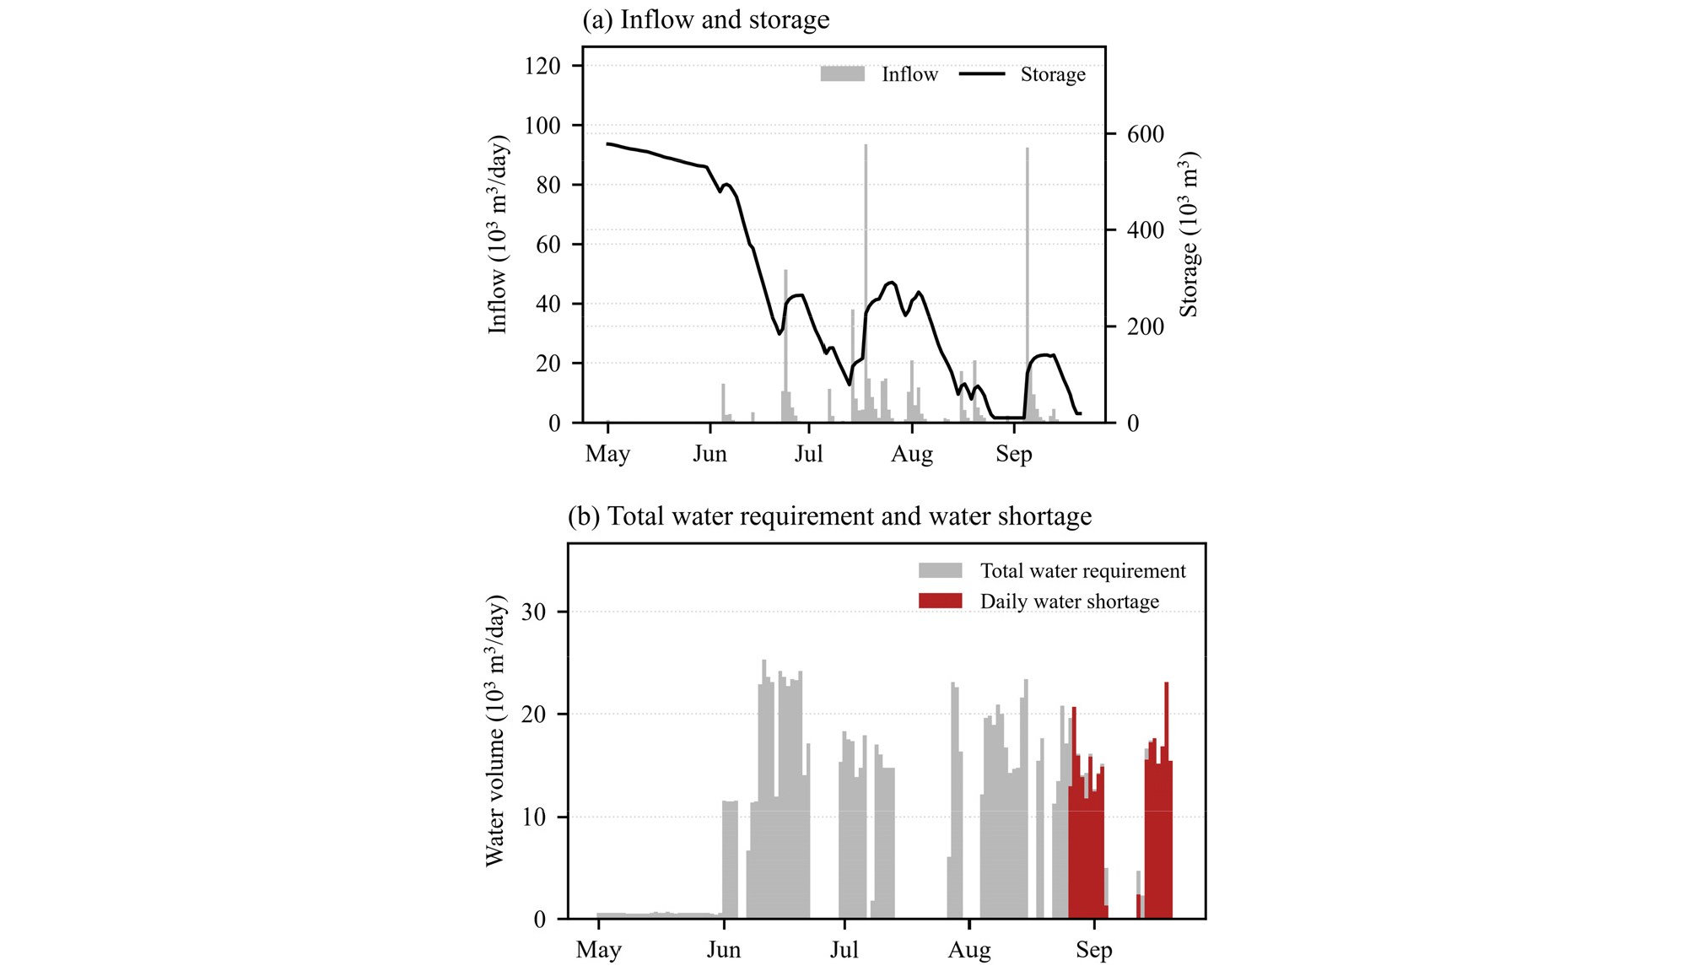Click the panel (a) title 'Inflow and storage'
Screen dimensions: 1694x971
tap(725, 19)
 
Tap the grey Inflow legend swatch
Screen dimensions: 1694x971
tap(842, 74)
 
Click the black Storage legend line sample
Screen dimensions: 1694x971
tap(982, 74)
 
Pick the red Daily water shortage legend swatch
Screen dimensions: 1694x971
tap(940, 601)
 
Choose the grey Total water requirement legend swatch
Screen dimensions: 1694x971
tap(940, 570)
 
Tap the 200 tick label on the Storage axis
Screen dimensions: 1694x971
tap(1146, 326)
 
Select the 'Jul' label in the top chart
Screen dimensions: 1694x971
tap(809, 454)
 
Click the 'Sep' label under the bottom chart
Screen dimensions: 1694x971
tap(1094, 950)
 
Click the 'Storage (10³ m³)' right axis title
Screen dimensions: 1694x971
tap(1189, 235)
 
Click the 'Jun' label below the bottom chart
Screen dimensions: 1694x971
tap(724, 950)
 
